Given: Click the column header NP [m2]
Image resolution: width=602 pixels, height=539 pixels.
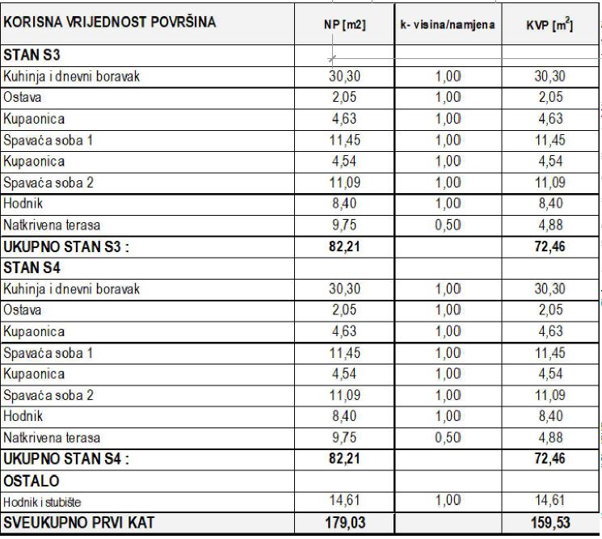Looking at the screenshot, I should (344, 25).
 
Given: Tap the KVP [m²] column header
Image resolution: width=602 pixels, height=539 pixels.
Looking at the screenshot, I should (549, 25).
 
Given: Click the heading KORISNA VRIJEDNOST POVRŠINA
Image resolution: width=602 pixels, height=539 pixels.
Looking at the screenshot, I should (110, 22).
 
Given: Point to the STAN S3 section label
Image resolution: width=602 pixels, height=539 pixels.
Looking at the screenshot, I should (32, 57).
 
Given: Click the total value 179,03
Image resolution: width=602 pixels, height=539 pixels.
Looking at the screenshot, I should (344, 523).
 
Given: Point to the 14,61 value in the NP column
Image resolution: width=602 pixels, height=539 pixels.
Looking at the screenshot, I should (344, 500).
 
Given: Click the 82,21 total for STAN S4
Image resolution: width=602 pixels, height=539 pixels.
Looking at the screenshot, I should (344, 460).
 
